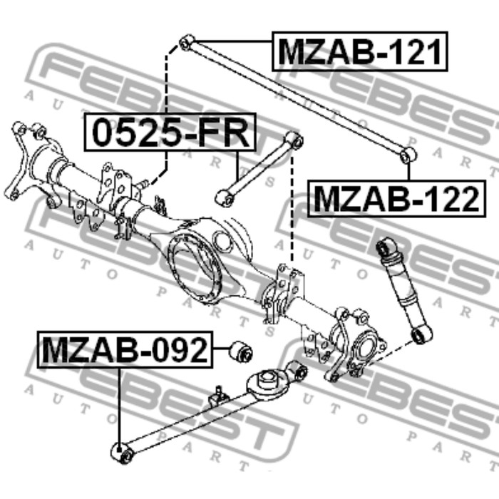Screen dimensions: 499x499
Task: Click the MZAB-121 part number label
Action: [360, 51]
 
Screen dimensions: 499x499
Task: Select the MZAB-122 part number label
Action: [396, 199]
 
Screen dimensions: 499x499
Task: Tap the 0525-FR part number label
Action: [170, 132]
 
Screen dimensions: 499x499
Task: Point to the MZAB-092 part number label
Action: [125, 349]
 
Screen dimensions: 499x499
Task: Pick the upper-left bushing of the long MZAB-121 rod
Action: [187, 43]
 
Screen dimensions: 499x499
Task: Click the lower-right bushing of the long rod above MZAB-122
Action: [408, 155]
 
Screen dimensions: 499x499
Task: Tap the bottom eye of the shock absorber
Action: [422, 334]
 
